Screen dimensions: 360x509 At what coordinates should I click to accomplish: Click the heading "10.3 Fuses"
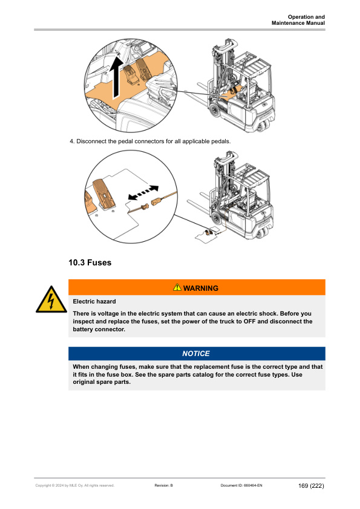90,262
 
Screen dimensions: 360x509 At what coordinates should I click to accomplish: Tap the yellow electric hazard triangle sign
51,300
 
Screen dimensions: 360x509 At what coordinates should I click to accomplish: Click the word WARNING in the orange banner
201,288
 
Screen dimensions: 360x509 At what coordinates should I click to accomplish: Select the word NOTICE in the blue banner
196,354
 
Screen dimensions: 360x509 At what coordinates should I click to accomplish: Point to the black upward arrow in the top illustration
116,78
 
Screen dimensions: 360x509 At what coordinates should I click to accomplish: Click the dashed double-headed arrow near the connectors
143,193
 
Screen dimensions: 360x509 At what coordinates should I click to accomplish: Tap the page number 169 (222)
311,485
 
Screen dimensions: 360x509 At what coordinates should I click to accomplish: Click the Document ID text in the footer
241,485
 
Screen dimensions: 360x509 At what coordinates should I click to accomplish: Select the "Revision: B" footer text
164,485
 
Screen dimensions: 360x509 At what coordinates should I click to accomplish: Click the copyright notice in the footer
75,485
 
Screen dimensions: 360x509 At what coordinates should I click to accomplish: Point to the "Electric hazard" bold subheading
94,302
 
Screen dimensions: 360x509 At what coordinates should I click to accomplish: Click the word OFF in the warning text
249,322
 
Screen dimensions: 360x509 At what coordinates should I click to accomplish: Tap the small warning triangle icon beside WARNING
177,287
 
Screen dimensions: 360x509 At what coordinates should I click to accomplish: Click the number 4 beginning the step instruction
72,141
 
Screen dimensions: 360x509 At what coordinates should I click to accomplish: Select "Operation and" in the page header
306,17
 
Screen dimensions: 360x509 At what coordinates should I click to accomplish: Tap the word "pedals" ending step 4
221,141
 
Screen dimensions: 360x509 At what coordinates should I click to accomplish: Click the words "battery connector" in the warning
99,329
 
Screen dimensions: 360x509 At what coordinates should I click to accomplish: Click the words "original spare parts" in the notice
102,382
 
